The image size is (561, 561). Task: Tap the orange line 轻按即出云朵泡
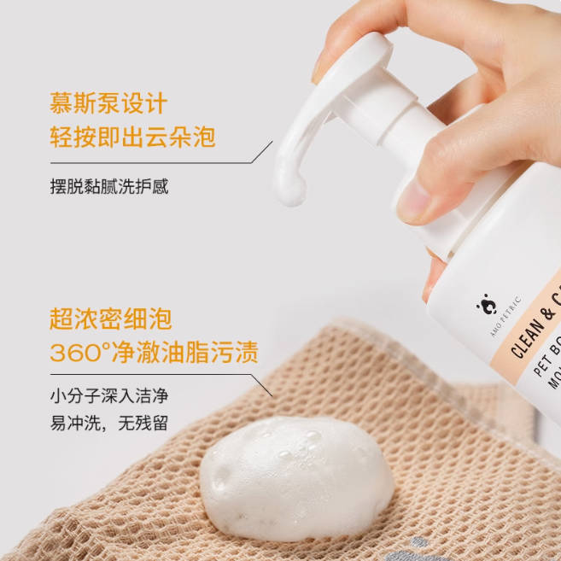132,137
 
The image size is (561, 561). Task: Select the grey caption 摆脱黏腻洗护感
108,186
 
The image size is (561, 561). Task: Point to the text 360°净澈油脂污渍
154,352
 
